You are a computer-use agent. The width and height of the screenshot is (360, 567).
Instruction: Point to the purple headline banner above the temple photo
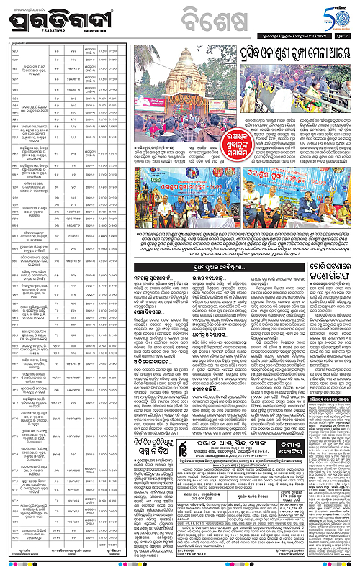[x=287, y=53]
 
